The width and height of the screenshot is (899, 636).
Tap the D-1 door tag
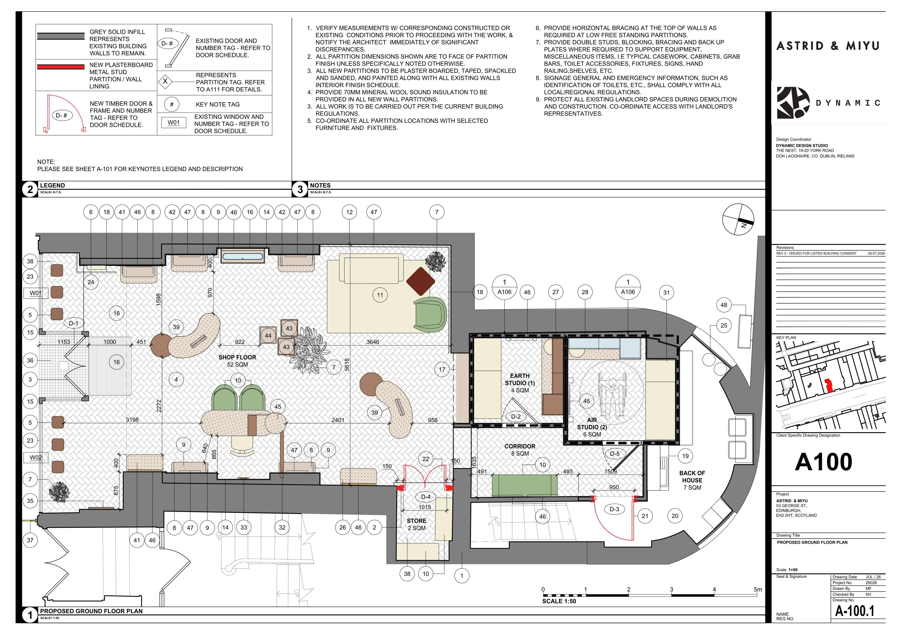pos(74,323)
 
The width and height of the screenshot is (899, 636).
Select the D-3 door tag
pos(614,509)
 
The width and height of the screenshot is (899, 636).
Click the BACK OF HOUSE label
pos(692,480)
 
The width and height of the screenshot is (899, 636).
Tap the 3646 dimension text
pos(373,342)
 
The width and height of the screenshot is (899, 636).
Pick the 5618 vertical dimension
pos(347,364)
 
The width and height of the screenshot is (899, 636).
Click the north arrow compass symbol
pos(738,219)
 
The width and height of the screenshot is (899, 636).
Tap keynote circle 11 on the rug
pos(380,295)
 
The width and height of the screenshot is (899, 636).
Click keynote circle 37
pos(30,540)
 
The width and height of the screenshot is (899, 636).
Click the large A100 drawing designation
pos(823,462)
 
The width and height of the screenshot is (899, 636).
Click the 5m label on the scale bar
pos(758,589)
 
